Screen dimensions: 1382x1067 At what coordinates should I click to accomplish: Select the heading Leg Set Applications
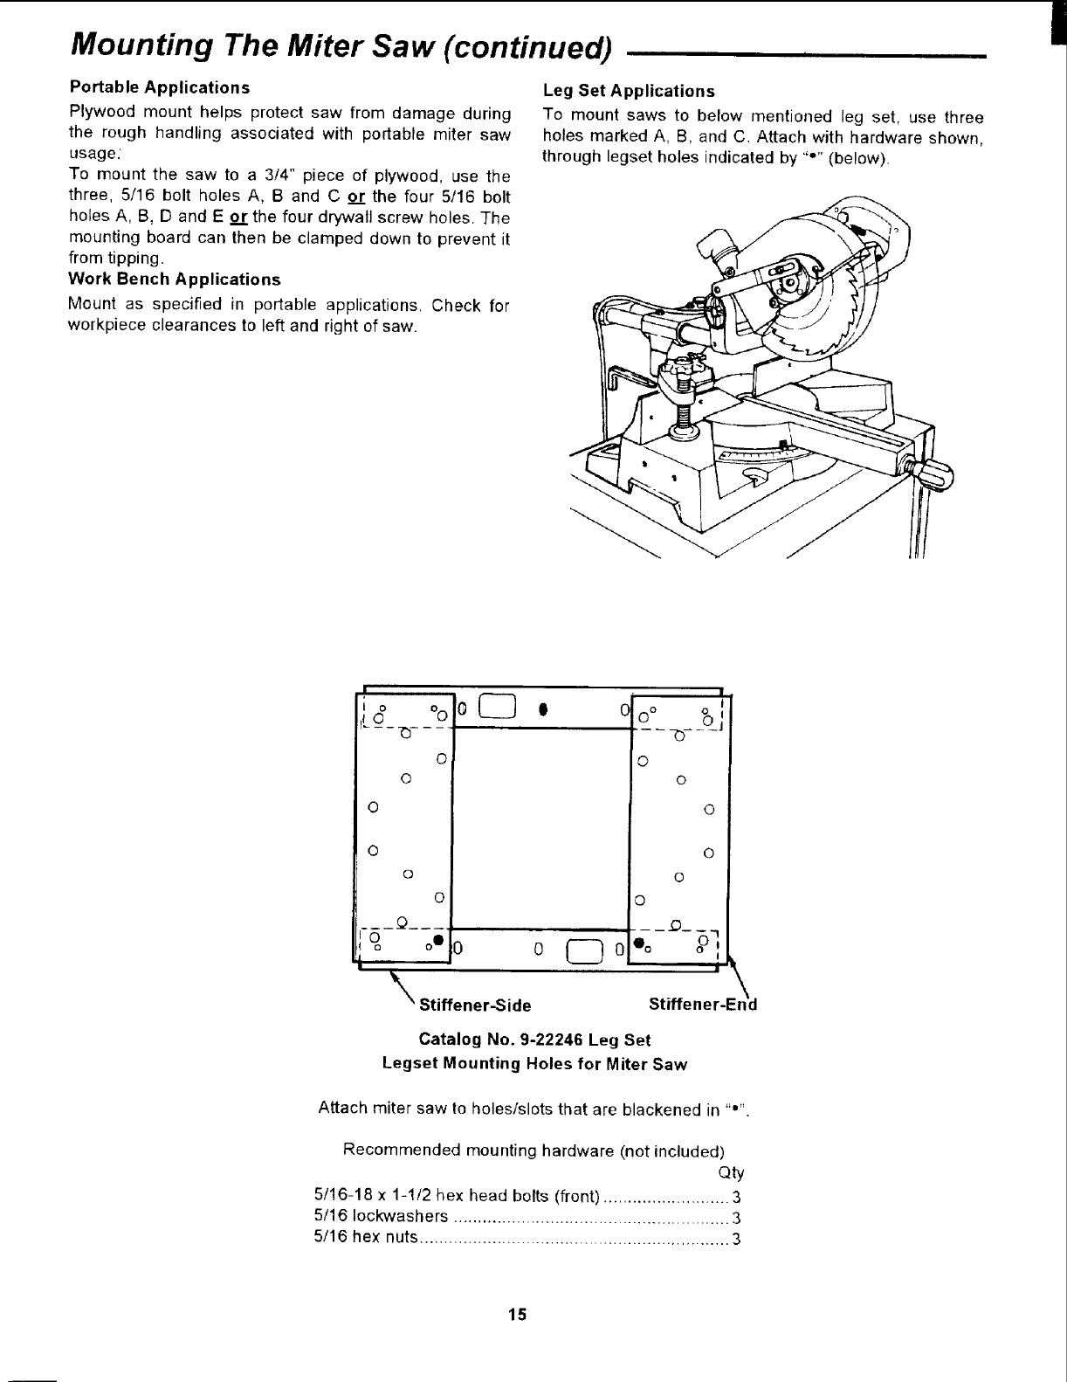pos(629,91)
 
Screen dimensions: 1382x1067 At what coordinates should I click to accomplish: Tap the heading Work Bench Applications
pos(175,280)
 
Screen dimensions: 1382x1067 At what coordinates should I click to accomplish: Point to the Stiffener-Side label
pos(475,1005)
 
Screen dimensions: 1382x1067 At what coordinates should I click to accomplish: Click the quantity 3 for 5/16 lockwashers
pos(736,1218)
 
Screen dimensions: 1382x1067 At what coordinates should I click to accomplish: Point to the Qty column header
pos(730,1172)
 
